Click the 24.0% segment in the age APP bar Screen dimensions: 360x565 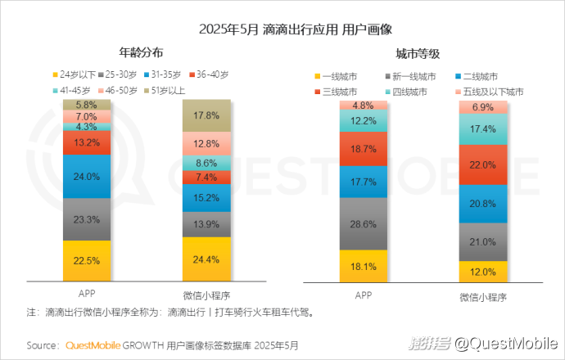click(87, 176)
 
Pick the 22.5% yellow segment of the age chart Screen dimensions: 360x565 click(87, 260)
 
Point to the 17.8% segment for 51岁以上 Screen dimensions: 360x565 click(206, 116)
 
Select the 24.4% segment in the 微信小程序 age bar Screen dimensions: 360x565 click(206, 259)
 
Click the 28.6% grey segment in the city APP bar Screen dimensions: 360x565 click(364, 224)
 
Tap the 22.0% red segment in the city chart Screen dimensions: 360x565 click(483, 165)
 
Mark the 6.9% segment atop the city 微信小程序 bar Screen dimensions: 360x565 click(483, 107)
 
